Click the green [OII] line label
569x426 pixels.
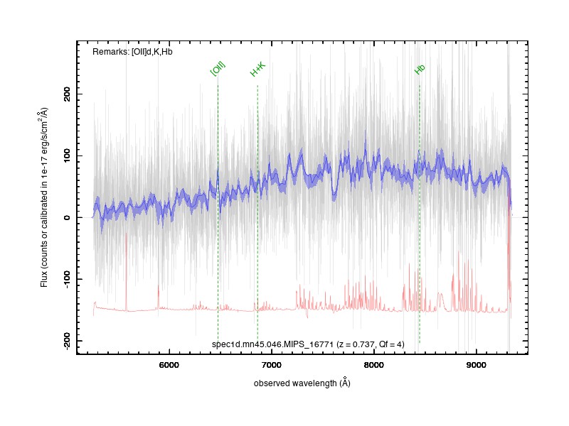(218, 68)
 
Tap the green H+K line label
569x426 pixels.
(258, 69)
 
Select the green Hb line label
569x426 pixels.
(420, 69)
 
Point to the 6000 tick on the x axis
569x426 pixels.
(169, 365)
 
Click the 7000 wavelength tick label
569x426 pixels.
(272, 365)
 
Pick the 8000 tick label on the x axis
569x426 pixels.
(374, 365)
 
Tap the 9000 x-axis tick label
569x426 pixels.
(476, 365)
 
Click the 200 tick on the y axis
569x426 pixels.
(67, 94)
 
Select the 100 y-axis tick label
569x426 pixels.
(67, 155)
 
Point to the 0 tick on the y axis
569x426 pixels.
(67, 217)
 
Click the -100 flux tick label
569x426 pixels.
(67, 279)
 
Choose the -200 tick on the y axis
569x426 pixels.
(67, 341)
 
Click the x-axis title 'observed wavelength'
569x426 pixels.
(295, 383)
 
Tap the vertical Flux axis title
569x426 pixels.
(44, 197)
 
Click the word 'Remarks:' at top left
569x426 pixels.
(111, 52)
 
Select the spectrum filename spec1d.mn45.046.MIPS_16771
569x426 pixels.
(272, 344)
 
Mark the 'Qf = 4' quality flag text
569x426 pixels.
(390, 344)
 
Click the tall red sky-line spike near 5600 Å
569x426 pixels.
(127, 272)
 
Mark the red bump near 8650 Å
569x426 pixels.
(440, 300)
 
